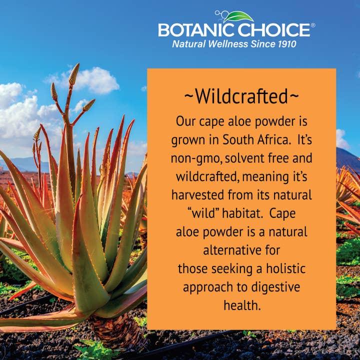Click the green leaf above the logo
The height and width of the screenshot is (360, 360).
pos(238,17)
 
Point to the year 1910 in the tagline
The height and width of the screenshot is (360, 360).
pos(285,44)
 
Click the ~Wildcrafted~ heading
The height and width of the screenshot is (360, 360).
pos(241,96)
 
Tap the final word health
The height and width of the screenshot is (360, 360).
pos(241,305)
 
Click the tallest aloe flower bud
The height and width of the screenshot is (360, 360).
pos(74,73)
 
